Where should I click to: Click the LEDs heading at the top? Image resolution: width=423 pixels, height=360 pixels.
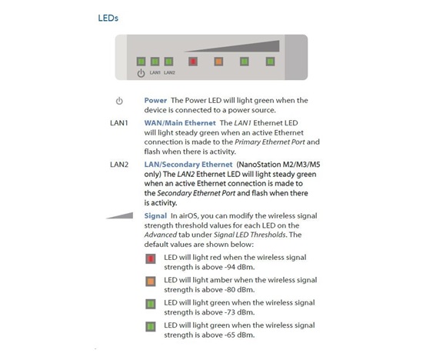(108, 18)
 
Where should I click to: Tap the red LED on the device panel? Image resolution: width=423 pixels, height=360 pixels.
(193, 62)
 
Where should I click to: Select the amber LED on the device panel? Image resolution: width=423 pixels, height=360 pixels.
(218, 62)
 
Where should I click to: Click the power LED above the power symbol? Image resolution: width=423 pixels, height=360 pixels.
(141, 62)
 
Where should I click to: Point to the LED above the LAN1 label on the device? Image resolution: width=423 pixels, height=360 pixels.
(155, 62)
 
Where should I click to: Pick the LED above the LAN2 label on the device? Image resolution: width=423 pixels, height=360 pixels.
(169, 62)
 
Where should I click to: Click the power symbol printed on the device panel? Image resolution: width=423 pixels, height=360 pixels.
(141, 73)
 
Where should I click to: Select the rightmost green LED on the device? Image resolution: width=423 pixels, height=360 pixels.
(270, 62)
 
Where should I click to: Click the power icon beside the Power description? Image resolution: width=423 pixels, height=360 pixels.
(119, 101)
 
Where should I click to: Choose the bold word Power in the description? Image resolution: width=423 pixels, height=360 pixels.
(155, 101)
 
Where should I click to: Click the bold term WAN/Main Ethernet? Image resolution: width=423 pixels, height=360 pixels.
(180, 123)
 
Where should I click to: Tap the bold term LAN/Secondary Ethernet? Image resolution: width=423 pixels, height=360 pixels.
(188, 165)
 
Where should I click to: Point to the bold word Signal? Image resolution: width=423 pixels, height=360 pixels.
(155, 216)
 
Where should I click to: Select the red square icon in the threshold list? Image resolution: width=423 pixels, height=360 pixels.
(151, 258)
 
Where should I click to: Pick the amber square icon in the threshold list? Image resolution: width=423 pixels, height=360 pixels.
(151, 282)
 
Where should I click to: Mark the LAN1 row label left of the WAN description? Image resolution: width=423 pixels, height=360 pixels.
(119, 123)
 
